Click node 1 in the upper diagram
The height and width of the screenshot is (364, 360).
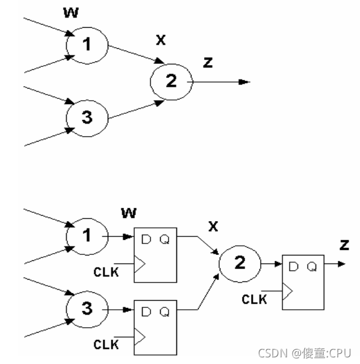click(x=87, y=45)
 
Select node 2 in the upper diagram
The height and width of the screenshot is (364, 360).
click(x=171, y=81)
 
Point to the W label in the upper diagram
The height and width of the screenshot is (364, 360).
click(x=70, y=13)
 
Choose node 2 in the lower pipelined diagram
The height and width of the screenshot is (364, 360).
click(x=239, y=263)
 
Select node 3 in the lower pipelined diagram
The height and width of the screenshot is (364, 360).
click(x=87, y=310)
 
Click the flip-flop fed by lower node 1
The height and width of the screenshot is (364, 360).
click(x=155, y=254)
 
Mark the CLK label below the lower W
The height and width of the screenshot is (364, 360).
click(x=107, y=271)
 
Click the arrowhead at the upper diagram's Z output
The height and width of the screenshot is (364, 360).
click(x=244, y=81)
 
